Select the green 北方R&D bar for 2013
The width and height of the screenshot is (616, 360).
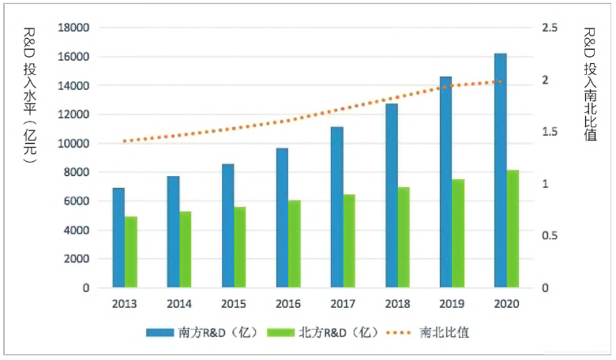click(131, 252)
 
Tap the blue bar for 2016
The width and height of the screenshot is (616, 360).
click(282, 218)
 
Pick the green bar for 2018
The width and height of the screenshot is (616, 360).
click(404, 238)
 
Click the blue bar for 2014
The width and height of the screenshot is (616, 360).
click(173, 232)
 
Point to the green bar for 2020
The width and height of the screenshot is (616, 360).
click(513, 229)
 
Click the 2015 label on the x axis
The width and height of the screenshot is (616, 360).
click(233, 304)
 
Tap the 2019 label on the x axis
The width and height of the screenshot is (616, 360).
click(451, 304)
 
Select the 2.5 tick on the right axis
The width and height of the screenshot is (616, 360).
click(550, 28)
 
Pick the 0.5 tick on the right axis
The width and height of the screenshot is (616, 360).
click(550, 236)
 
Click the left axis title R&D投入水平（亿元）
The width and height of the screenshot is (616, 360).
click(29, 95)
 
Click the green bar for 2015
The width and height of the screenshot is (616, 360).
click(240, 247)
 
